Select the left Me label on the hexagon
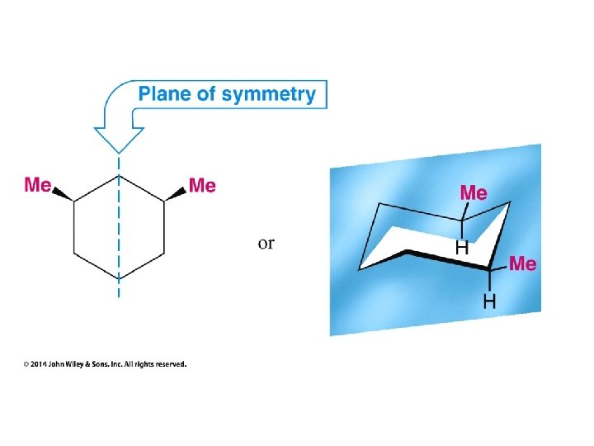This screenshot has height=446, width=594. [x=38, y=184]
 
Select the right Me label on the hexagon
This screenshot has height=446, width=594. [x=202, y=185]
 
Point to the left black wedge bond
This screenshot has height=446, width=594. [x=64, y=194]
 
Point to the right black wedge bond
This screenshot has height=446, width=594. [x=175, y=194]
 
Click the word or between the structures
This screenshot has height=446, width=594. [x=266, y=243]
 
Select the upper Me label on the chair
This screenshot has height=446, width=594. [x=473, y=192]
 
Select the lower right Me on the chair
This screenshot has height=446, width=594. [x=523, y=263]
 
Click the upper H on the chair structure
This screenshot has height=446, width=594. [x=463, y=246]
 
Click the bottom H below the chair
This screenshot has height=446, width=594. [x=489, y=301]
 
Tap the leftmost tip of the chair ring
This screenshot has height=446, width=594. [x=361, y=268]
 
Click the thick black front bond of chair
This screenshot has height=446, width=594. [x=445, y=259]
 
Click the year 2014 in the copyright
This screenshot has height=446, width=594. [x=40, y=363]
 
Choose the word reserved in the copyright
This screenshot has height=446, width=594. [x=170, y=363]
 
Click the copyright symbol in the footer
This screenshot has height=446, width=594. [x=26, y=363]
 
